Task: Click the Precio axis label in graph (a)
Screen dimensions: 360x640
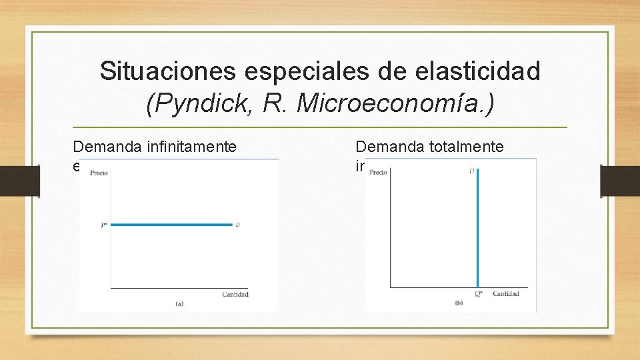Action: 99,173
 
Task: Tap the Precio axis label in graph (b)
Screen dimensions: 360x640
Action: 378,172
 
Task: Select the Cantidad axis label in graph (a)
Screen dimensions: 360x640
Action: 235,294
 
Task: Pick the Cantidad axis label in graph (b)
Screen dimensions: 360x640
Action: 505,293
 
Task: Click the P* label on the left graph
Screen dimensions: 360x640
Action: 104,225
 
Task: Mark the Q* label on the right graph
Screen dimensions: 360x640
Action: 478,294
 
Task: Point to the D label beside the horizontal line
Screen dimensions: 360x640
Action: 238,225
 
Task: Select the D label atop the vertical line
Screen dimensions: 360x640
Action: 472,172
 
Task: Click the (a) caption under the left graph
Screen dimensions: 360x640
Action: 179,303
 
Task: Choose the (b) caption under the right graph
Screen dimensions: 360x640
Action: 459,303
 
